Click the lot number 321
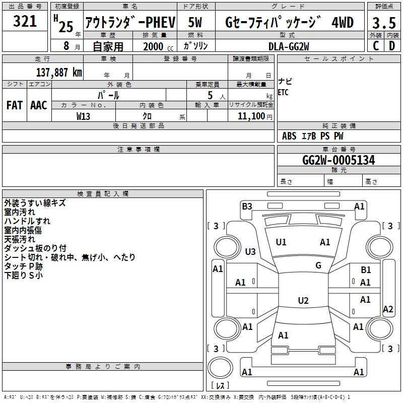click(25, 21)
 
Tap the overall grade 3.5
click(383, 23)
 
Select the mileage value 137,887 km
click(59, 73)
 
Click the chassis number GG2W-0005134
click(339, 160)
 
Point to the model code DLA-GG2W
click(289, 46)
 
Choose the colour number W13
click(83, 116)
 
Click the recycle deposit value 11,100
click(249, 116)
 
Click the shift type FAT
click(15, 105)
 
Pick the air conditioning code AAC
click(39, 105)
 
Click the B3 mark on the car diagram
click(247, 206)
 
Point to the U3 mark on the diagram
click(250, 251)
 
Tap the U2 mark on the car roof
click(303, 301)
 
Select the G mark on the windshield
click(318, 265)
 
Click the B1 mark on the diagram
click(366, 271)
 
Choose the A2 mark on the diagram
click(388, 309)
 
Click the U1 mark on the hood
click(281, 242)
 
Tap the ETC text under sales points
click(283, 93)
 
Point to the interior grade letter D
click(392, 45)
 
